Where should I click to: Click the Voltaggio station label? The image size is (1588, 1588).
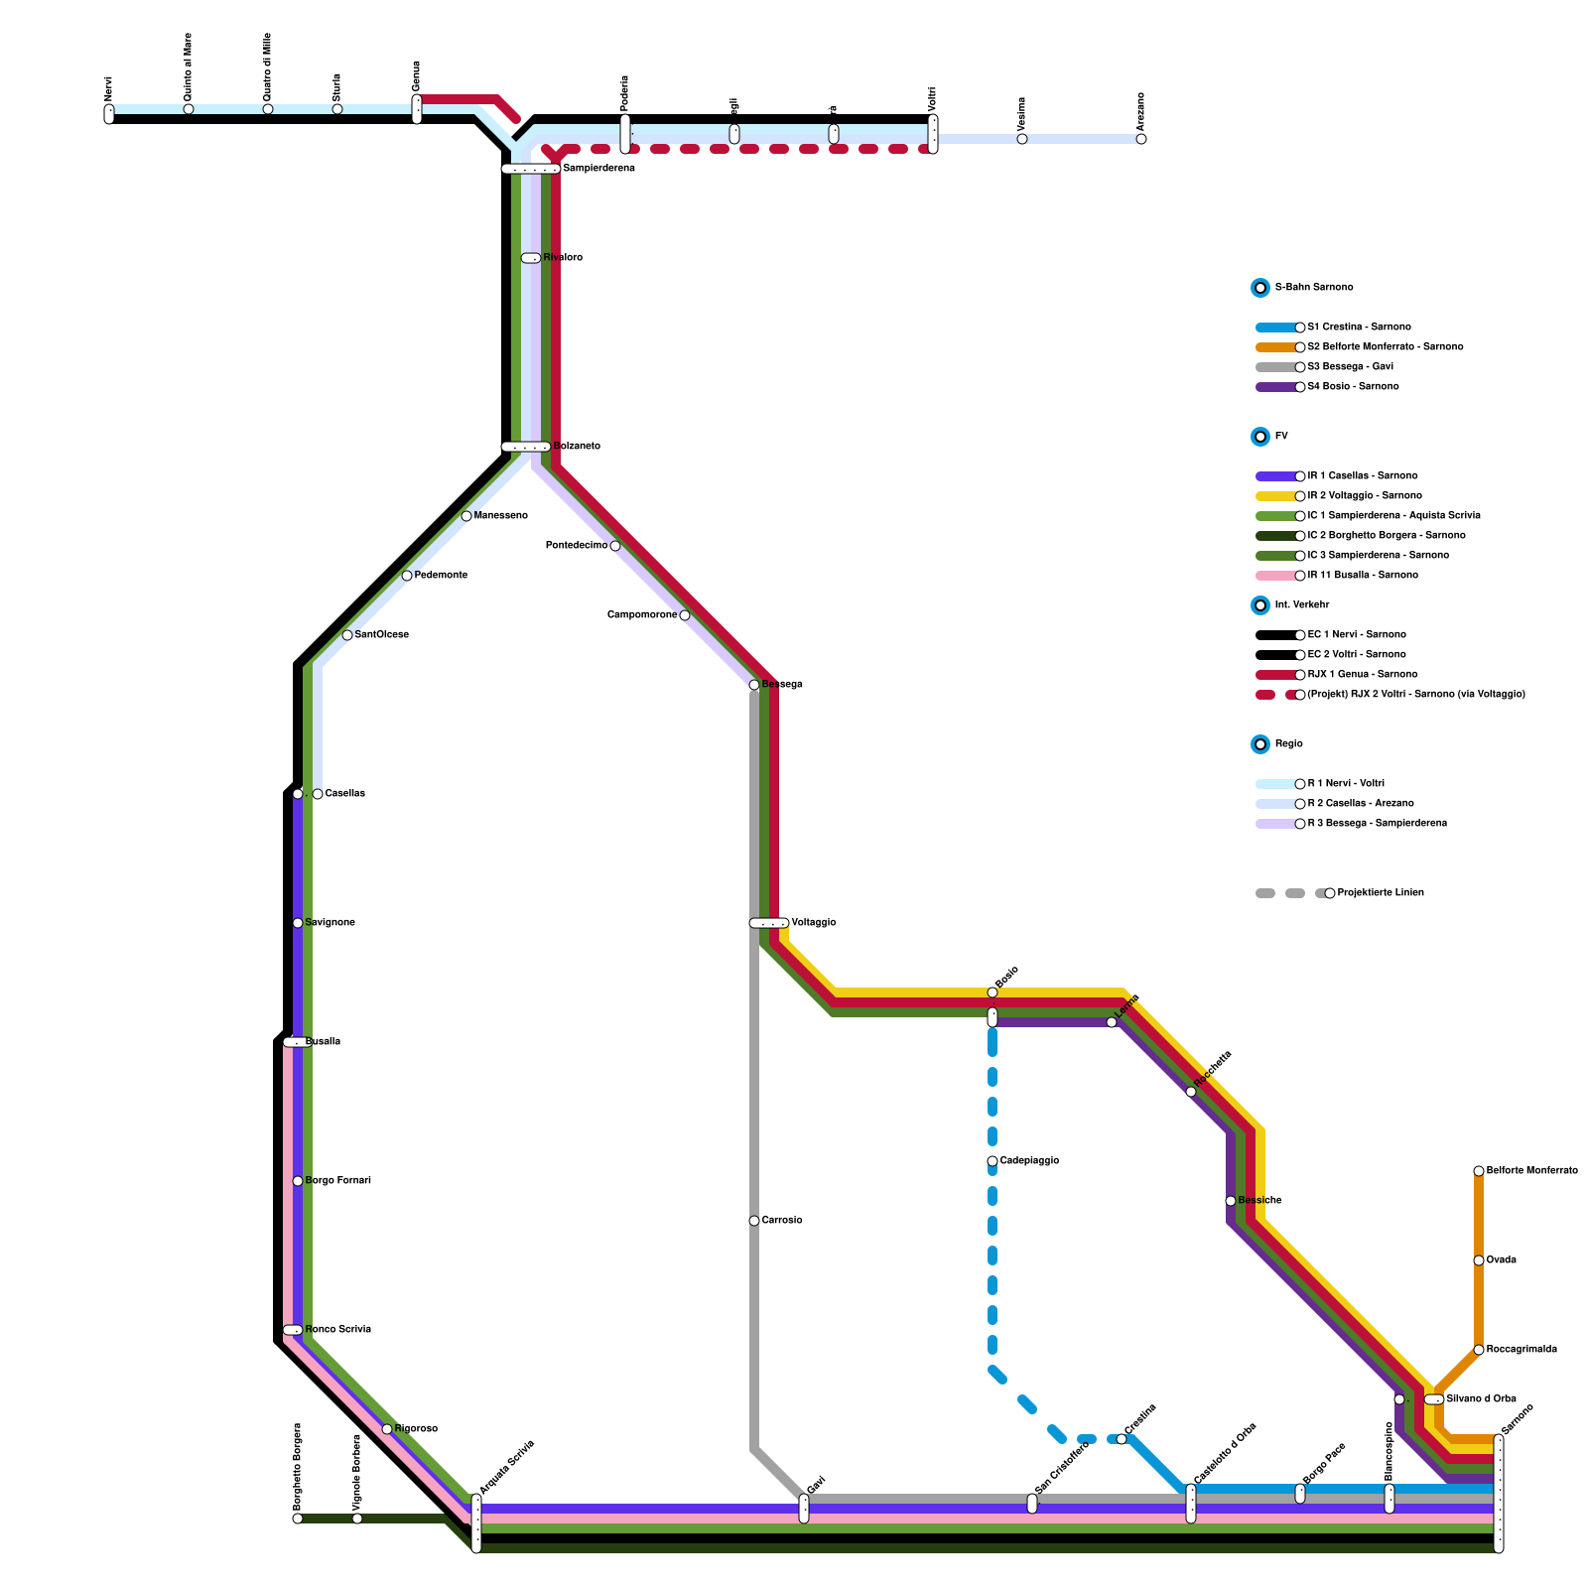(813, 923)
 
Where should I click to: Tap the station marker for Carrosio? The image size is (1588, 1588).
(754, 1221)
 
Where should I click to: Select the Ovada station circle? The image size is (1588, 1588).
(1479, 1260)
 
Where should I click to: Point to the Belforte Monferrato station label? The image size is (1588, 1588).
(1531, 1171)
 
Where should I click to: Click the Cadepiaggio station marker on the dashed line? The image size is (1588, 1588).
(992, 1161)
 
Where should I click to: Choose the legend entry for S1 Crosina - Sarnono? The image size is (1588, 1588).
(1359, 328)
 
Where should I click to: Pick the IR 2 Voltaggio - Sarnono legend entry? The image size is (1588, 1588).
(1364, 496)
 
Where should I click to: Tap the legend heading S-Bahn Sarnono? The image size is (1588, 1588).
(1313, 288)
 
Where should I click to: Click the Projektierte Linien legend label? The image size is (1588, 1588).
(1380, 893)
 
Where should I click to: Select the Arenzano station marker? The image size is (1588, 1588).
(1141, 139)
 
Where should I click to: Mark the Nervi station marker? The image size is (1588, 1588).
(109, 115)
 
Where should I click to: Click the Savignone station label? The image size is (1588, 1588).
(330, 923)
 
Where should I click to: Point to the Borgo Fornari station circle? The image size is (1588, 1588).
(298, 1181)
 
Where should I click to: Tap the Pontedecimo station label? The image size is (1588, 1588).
(577, 546)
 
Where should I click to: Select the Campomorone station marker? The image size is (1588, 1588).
(685, 615)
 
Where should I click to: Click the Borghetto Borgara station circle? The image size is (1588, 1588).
(298, 1519)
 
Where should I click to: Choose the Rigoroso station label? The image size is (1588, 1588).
(416, 1429)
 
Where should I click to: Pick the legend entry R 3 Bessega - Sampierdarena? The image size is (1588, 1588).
(1377, 824)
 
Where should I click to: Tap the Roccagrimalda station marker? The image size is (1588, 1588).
(1479, 1350)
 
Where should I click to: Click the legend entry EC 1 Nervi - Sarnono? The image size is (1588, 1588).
(1356, 635)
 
